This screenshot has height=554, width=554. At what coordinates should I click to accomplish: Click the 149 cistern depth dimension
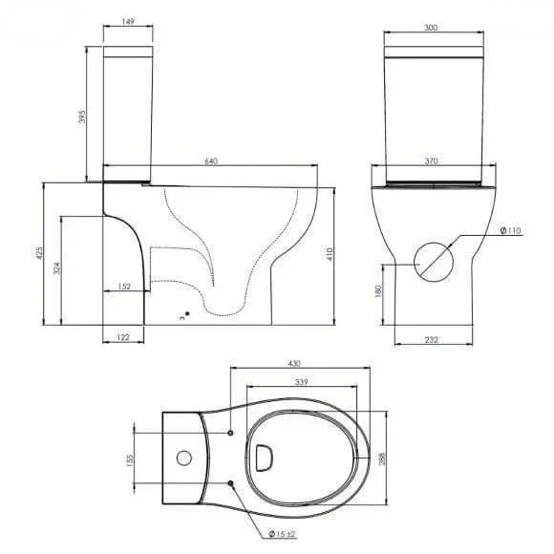[128, 22]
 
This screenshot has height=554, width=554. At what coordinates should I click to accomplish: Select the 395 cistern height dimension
[82, 117]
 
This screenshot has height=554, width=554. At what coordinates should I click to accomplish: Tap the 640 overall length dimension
[211, 161]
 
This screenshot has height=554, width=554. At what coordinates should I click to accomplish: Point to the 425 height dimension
[39, 253]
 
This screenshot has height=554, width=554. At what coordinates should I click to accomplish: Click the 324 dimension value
[57, 268]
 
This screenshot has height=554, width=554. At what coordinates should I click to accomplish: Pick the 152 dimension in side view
[124, 287]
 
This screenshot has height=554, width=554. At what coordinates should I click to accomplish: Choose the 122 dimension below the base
[123, 337]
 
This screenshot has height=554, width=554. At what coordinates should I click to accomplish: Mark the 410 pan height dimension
[330, 254]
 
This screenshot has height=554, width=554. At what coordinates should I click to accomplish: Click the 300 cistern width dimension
[431, 28]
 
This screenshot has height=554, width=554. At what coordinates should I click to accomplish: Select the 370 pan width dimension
[431, 161]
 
